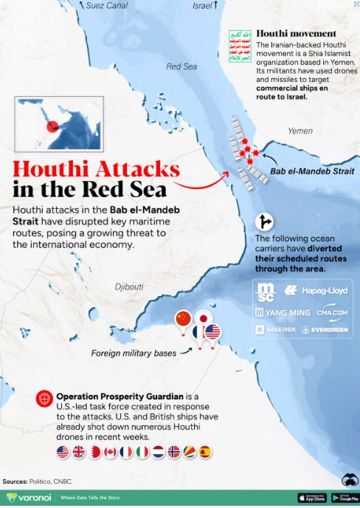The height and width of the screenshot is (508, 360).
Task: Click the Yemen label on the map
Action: pyautogui.click(x=300, y=131)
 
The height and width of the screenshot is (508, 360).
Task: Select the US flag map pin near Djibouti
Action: pyautogui.click(x=212, y=333)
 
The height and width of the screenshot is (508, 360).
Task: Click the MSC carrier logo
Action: pyautogui.click(x=266, y=292)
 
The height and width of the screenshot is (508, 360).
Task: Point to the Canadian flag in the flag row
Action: pyautogui.click(x=110, y=452)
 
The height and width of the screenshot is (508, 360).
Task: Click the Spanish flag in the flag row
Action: pyautogui.click(x=205, y=452)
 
